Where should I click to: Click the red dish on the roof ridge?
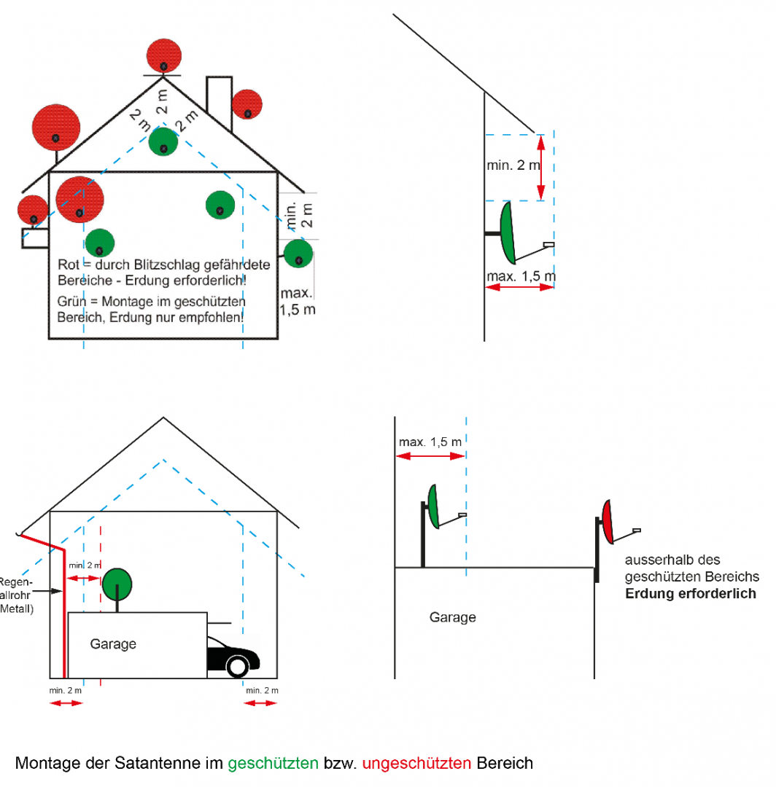click(x=163, y=56)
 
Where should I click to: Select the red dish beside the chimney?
click(x=247, y=104)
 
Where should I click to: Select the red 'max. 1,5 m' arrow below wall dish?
click(x=519, y=288)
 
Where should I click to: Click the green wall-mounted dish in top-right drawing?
click(x=506, y=232)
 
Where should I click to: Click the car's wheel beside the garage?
click(x=237, y=665)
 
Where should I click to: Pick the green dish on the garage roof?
click(x=118, y=583)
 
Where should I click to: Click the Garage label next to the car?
click(x=113, y=644)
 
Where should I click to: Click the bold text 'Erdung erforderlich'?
click(x=690, y=594)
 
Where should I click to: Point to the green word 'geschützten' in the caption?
click(x=273, y=764)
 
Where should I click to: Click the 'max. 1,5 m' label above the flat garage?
click(x=430, y=442)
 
